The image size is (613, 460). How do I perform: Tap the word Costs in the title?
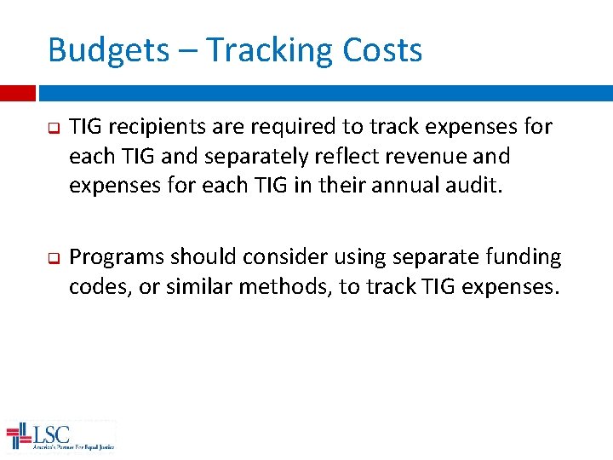382,51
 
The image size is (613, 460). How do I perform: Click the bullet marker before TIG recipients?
52,129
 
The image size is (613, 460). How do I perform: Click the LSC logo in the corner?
60,436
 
